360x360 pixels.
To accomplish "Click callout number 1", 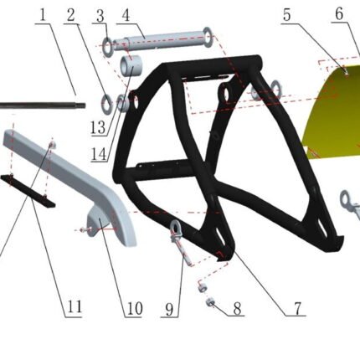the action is [43, 15].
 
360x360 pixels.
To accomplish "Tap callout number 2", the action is [71, 16].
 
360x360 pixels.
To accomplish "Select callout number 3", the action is [100, 16].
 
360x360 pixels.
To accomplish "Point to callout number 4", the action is [126, 16].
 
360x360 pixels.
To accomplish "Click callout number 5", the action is [286, 15].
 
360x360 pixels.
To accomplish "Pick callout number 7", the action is [298, 308].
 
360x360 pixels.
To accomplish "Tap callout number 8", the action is [237, 309].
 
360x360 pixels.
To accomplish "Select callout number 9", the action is [169, 309].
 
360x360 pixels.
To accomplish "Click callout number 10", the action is [135, 309].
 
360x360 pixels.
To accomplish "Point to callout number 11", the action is [75, 306].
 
